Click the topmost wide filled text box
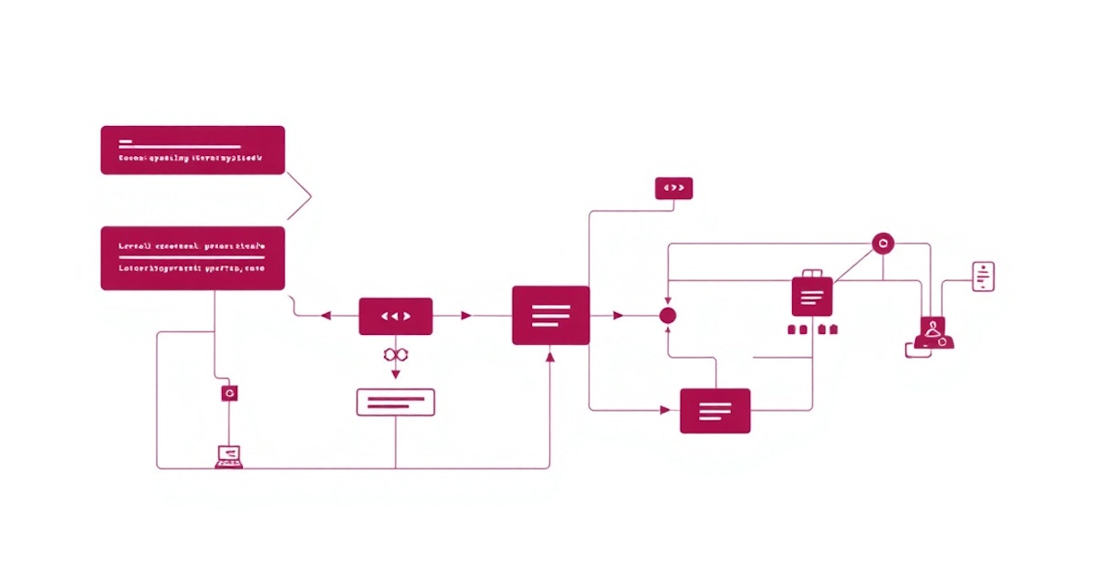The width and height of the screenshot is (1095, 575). [x=193, y=150]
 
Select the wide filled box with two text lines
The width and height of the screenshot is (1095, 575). [x=193, y=258]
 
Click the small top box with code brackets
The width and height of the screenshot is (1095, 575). [x=673, y=188]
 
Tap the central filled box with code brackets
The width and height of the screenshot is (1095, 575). [x=395, y=316]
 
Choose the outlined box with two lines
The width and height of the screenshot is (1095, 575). [x=395, y=402]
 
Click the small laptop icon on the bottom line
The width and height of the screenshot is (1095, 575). [x=229, y=455]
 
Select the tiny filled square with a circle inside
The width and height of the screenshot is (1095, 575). [x=230, y=392]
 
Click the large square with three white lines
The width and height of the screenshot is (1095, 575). [x=550, y=315]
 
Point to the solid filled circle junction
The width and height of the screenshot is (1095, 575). [x=668, y=316]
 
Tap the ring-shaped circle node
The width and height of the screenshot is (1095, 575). [x=882, y=244]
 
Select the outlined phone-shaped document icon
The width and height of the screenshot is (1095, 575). [x=983, y=276]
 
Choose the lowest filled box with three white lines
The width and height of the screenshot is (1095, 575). [x=715, y=411]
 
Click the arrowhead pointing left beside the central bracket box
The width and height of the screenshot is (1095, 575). [x=326, y=316]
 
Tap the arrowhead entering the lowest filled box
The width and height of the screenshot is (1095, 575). [x=665, y=411]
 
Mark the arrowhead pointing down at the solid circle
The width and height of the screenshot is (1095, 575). [x=668, y=298]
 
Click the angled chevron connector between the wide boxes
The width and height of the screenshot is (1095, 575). [x=302, y=194]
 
